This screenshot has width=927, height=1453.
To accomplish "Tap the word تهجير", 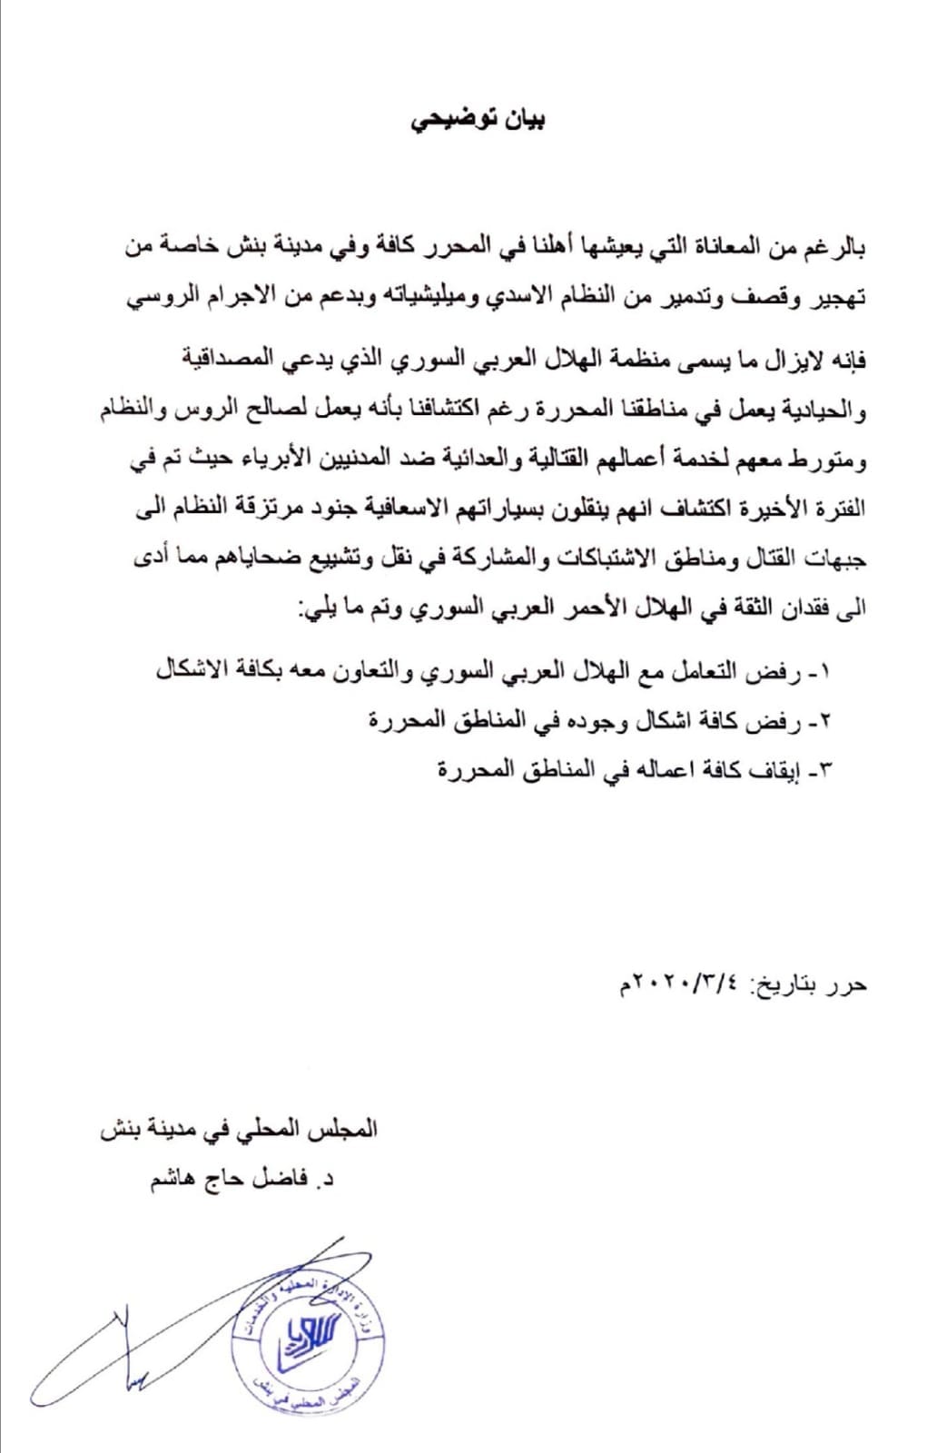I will [x=834, y=297].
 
